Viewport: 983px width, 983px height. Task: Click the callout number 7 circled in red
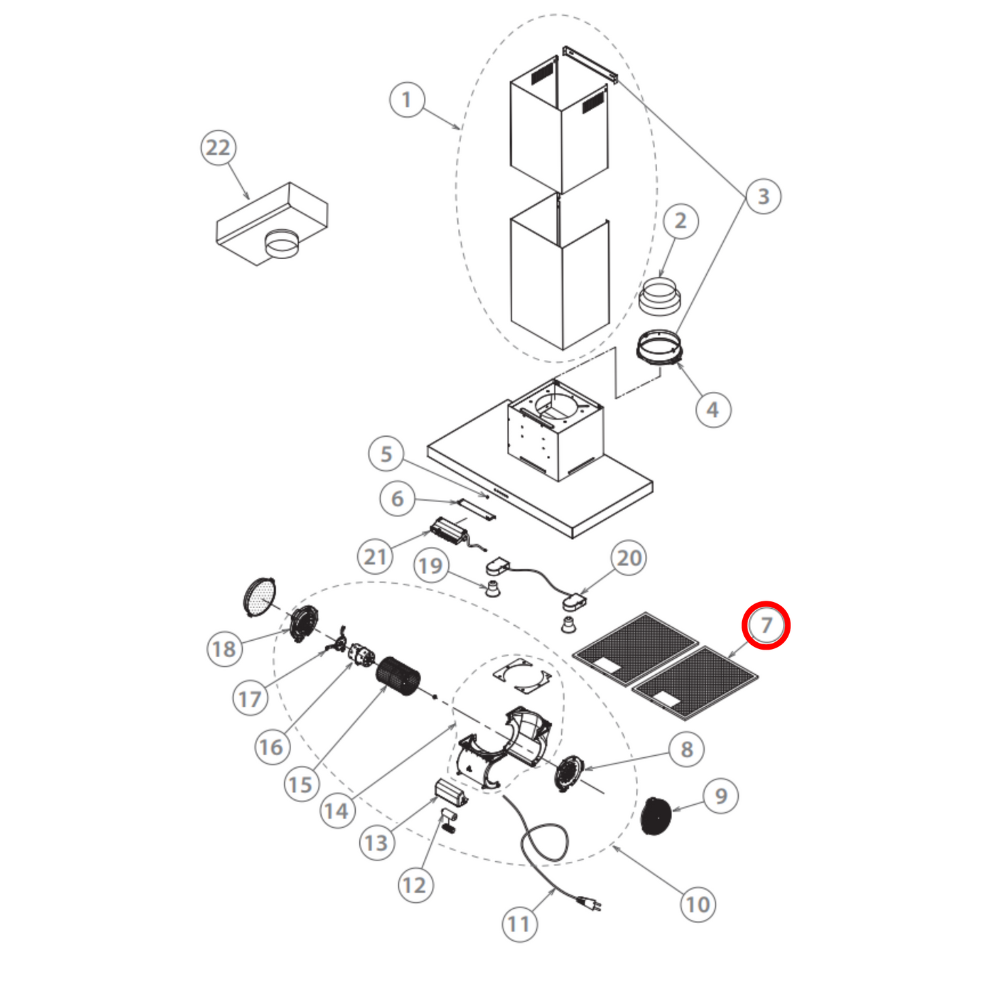click(x=766, y=625)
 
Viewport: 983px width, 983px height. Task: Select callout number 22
click(x=218, y=148)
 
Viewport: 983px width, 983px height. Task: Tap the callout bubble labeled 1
click(x=407, y=100)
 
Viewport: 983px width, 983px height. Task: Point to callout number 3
click(x=763, y=196)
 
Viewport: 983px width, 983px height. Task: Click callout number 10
click(x=697, y=904)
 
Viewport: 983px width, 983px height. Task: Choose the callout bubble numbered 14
click(x=336, y=810)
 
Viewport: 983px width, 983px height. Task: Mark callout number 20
click(x=629, y=558)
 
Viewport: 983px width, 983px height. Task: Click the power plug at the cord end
click(x=590, y=903)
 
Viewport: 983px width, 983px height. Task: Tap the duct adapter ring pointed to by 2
click(x=659, y=297)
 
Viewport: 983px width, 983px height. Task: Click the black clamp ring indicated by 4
click(x=659, y=347)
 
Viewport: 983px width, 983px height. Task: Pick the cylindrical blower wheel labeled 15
click(x=399, y=676)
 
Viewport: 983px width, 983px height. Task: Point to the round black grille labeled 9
click(x=656, y=816)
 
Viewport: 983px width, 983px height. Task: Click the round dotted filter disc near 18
click(x=259, y=597)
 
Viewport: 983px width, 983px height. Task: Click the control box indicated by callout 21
click(x=450, y=529)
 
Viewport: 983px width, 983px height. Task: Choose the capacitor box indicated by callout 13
click(x=450, y=791)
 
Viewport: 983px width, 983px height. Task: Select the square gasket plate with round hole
click(x=522, y=677)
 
